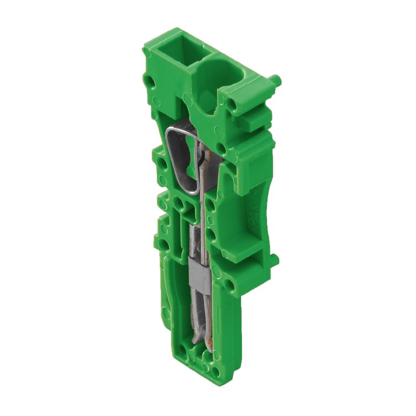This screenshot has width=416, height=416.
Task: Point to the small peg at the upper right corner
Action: click(x=276, y=81)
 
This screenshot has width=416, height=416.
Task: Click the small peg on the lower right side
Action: click(x=274, y=258)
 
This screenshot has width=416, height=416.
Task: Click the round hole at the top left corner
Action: click(x=150, y=82)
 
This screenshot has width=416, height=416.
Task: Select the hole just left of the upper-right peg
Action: click(x=232, y=106)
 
